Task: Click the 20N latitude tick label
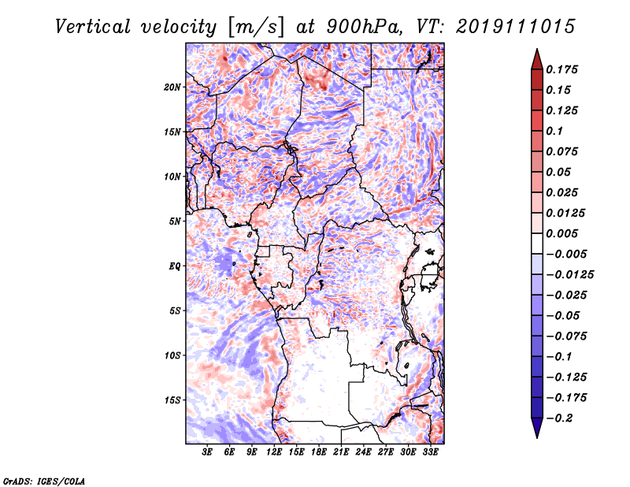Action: point(172,87)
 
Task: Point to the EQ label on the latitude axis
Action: point(175,266)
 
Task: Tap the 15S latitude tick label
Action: point(172,400)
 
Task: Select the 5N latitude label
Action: point(175,221)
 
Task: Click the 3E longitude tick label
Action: point(207,452)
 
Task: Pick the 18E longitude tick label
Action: point(319,452)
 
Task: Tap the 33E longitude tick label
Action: point(430,452)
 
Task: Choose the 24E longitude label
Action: point(363,452)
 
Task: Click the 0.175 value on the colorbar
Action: point(561,69)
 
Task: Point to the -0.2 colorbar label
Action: point(559,418)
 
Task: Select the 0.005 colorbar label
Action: point(561,233)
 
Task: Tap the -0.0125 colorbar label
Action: point(569,275)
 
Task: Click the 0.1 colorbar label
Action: point(554,131)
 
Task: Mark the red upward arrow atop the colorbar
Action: point(537,59)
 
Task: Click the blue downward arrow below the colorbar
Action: point(537,428)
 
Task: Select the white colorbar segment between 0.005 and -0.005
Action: point(537,243)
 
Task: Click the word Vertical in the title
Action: point(93,27)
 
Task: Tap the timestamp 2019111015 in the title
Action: point(516,27)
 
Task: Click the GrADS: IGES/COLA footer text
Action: point(44,481)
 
